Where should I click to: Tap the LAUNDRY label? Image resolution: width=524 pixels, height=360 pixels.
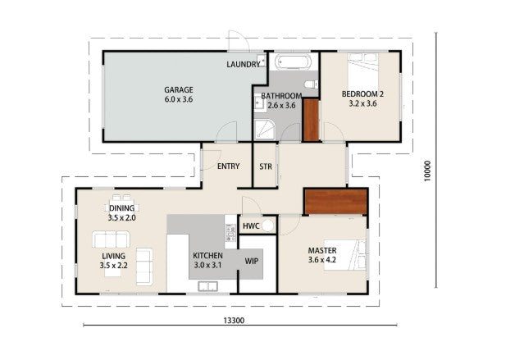pos(244,64)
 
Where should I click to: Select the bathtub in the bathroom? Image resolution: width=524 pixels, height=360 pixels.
pos(294,62)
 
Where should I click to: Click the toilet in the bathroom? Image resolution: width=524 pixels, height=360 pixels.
pos(311,84)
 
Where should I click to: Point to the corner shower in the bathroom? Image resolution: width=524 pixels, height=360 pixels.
pos(265,130)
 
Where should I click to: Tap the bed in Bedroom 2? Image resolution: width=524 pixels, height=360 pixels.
pos(363,71)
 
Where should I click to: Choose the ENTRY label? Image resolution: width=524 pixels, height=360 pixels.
pos(228,166)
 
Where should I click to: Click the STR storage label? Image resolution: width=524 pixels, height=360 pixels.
pos(266,166)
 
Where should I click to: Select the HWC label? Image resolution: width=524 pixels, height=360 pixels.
pos(251,226)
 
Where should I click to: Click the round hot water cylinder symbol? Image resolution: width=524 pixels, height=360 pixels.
pos(267,226)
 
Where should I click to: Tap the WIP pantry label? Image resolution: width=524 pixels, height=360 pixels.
pos(251,261)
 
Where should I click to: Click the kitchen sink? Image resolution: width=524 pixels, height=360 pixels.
pos(207,286)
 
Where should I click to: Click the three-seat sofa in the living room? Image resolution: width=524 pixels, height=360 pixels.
pos(111,239)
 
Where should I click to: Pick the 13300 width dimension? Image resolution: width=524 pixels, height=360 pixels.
pos(234,320)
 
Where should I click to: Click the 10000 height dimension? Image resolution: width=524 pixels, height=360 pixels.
pos(427,171)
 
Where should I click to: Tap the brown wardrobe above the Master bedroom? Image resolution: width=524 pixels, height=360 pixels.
pos(336,202)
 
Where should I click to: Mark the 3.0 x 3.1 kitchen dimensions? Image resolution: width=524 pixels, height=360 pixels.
pos(207,266)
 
